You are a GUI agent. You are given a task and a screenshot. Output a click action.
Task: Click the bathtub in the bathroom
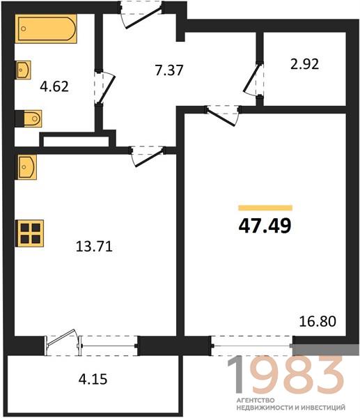coord(46,29)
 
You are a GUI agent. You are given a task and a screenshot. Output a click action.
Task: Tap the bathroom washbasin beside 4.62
coord(23,70)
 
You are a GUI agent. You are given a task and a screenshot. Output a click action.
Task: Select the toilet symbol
coord(29,118)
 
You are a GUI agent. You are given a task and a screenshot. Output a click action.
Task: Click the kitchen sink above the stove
coord(26,167)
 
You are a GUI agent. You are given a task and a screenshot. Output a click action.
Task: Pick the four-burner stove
coord(29,233)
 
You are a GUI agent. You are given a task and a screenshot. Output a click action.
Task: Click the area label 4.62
coord(54,86)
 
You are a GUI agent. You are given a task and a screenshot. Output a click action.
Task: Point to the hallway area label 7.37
coord(169,70)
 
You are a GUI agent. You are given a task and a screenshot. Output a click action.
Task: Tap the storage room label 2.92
coord(304,64)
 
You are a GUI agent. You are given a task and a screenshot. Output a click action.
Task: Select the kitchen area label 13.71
coord(94,246)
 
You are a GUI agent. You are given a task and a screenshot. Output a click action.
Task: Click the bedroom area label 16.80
coord(318,321)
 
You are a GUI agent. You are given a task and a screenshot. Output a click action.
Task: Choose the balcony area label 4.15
coord(93,379)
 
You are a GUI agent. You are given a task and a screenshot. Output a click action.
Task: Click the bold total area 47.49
coord(265,226)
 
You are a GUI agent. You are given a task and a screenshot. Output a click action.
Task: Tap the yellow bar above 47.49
coord(265,208)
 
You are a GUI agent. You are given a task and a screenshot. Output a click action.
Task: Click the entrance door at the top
coord(141,14)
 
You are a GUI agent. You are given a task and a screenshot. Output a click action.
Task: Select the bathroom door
coord(104,87)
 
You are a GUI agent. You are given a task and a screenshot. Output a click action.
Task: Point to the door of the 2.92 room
coord(253,79)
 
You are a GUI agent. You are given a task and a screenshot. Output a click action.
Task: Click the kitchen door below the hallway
coord(147,156)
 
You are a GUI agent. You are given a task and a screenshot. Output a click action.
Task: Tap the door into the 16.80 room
coord(223,116)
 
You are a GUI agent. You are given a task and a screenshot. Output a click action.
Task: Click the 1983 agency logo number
coord(285,375)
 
